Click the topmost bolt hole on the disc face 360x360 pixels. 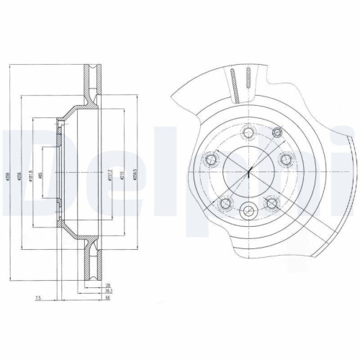248,132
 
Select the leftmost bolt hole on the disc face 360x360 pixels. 211,160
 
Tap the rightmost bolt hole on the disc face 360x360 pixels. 286,160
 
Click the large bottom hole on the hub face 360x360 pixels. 248,210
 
